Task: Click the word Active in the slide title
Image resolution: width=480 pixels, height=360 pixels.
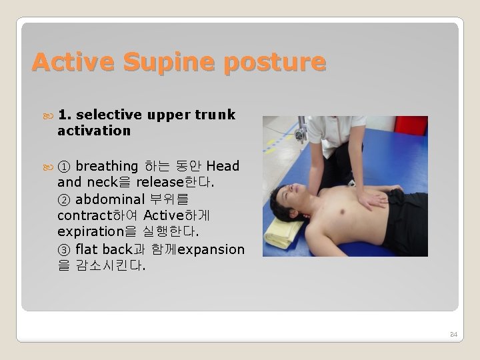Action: pos(64,62)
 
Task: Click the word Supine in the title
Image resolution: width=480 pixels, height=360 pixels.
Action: pos(160,62)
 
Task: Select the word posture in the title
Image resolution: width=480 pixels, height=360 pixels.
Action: pos(275,62)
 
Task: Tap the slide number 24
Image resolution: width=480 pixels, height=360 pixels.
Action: pos(454,333)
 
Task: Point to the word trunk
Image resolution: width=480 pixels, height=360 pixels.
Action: pos(215,115)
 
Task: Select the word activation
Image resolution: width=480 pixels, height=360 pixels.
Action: pos(94,131)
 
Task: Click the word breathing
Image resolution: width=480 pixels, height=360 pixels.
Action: pos(107,166)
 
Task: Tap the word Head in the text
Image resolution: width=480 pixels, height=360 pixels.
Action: pos(223,166)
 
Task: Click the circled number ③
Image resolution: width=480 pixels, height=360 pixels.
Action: pos(64,249)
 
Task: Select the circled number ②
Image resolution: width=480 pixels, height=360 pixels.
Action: pos(64,199)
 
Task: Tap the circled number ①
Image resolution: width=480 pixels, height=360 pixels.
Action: pos(64,166)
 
